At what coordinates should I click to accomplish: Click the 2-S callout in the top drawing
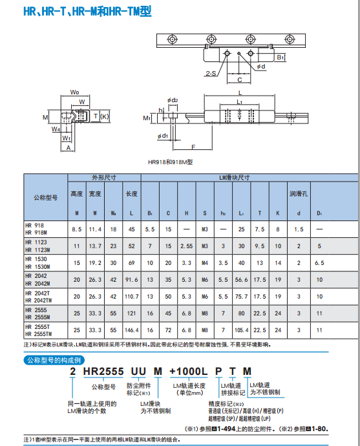pos(211,73)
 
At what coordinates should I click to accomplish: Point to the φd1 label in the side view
pos(163,136)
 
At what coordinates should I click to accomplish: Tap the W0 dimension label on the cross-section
pos(75,92)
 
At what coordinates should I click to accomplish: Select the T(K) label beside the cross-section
pos(101,116)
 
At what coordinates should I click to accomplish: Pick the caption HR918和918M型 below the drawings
pos(171,163)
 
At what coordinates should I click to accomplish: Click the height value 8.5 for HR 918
pos(77,229)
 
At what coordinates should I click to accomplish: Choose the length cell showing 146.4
pos(132,330)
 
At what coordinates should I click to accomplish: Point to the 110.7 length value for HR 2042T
pos(132,296)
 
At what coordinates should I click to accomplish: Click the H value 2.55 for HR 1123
pos(186,246)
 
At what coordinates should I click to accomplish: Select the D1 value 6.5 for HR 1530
pos(319,263)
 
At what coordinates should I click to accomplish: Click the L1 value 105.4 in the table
pos(241,330)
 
